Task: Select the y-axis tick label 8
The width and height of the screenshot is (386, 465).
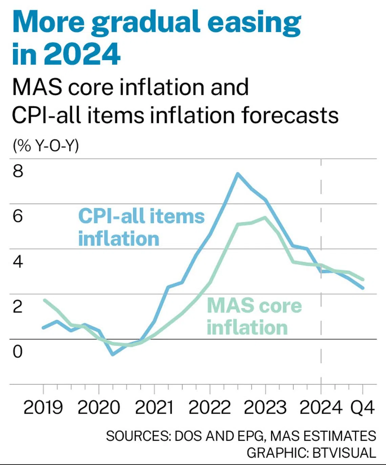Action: (x=18, y=171)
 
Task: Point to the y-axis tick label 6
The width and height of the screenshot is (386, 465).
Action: (x=18, y=216)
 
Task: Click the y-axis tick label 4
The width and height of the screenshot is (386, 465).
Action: (x=18, y=261)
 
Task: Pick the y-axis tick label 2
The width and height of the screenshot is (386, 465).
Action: (x=18, y=306)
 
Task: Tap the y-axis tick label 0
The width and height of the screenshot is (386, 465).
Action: (x=18, y=351)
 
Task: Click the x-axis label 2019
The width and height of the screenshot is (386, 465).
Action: (x=43, y=408)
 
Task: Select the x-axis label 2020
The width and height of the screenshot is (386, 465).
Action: (x=99, y=408)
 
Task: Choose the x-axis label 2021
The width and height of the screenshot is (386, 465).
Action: (x=154, y=408)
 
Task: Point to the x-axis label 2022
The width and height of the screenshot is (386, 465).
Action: (x=210, y=408)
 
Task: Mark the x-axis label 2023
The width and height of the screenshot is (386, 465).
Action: (x=265, y=408)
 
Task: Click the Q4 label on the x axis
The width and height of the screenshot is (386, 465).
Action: (x=363, y=408)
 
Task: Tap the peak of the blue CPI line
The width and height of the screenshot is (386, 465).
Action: (x=238, y=174)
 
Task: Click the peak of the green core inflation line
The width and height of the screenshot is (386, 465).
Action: (x=265, y=217)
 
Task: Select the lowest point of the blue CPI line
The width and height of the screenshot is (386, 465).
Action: (x=113, y=354)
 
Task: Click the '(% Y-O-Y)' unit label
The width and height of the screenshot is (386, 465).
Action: (x=46, y=146)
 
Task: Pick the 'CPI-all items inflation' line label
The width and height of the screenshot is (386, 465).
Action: (x=141, y=227)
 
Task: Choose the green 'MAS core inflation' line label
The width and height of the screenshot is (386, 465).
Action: (x=254, y=317)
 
